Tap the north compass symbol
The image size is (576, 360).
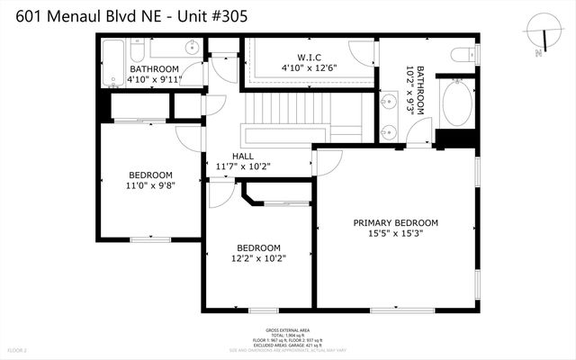(542, 33)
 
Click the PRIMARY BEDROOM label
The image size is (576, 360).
(395, 223)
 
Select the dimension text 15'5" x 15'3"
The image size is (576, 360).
(395, 233)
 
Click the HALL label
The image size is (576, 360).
(243, 155)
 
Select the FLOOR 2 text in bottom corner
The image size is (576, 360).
(18, 349)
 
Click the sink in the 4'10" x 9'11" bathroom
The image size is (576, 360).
(191, 48)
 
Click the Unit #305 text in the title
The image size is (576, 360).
(208, 15)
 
